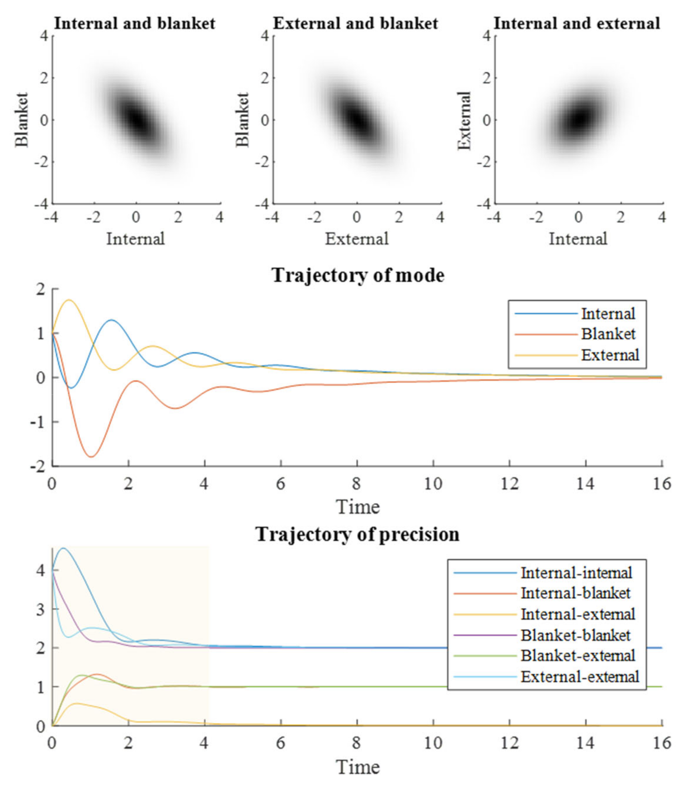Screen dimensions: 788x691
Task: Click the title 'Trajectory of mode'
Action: (358, 275)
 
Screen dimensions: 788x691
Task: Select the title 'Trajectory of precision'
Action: (357, 534)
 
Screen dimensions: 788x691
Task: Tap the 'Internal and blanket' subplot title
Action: (135, 23)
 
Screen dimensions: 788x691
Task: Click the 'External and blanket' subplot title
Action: (356, 23)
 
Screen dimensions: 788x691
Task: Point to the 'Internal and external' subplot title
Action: (577, 23)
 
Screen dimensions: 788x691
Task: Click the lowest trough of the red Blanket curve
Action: (91, 457)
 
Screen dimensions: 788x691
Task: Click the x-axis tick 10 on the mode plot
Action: (433, 484)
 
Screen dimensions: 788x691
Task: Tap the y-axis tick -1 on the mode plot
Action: (37, 422)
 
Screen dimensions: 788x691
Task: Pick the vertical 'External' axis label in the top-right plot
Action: (465, 120)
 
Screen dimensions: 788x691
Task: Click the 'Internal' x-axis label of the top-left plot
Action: (135, 239)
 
